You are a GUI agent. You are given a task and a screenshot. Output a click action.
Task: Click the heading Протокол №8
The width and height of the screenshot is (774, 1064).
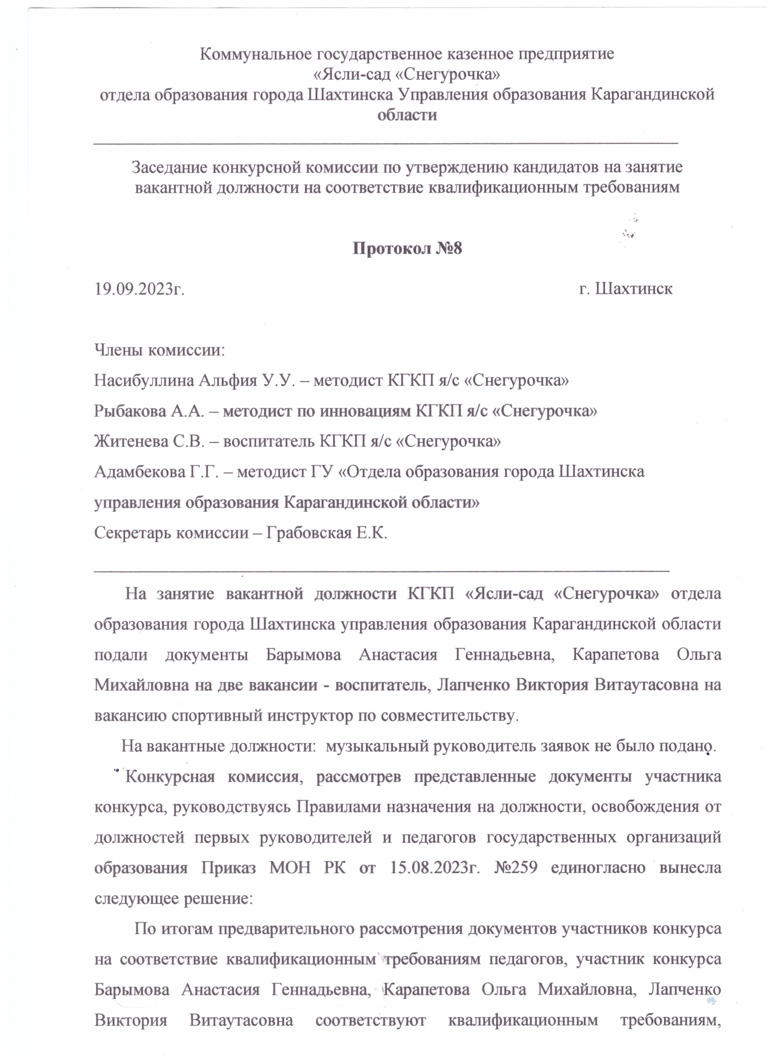407,248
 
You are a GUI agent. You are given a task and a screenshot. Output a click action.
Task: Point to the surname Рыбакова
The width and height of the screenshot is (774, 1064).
130,411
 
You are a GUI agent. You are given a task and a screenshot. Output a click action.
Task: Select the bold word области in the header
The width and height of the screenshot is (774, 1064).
407,115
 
